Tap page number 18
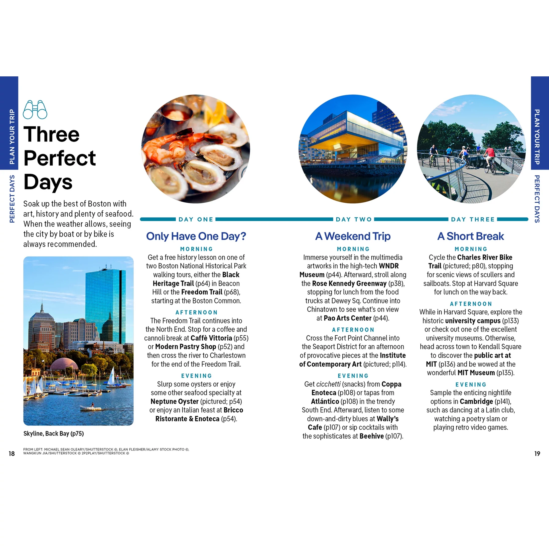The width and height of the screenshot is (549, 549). coord(12,453)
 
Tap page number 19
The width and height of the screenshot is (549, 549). coord(537,453)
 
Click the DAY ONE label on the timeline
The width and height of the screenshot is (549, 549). coord(196,219)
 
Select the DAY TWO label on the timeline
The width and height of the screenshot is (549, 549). coord(354,219)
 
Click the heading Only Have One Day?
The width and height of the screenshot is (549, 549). coord(196,236)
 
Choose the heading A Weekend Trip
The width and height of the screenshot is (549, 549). coord(353,236)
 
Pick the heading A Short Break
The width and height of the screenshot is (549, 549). coord(470,236)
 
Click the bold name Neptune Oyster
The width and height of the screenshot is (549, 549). coord(174,402)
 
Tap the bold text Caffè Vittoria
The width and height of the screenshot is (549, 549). coord(211,338)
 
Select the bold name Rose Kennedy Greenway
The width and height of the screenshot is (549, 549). coord(349,283)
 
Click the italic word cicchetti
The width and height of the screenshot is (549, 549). coord(328,384)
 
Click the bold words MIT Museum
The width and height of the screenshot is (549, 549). coord(476,373)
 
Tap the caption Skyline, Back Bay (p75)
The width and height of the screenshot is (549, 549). coord(53,434)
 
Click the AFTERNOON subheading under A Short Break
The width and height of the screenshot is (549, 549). coord(471,304)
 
